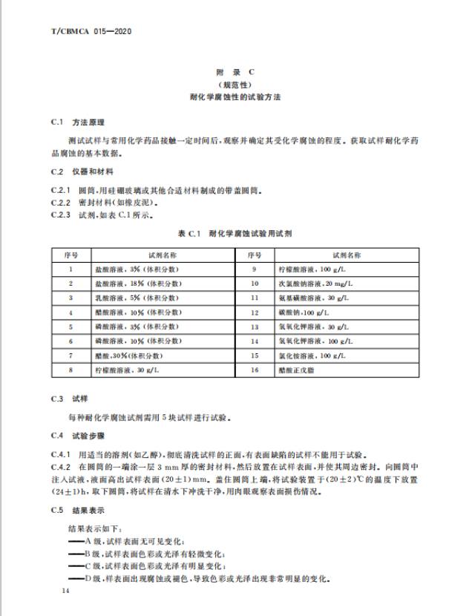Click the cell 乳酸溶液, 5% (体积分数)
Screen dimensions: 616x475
(x=149, y=298)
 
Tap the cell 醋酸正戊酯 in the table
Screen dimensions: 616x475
(x=297, y=370)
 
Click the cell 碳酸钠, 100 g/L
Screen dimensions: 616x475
(x=304, y=312)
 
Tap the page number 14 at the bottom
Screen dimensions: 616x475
(x=66, y=594)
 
